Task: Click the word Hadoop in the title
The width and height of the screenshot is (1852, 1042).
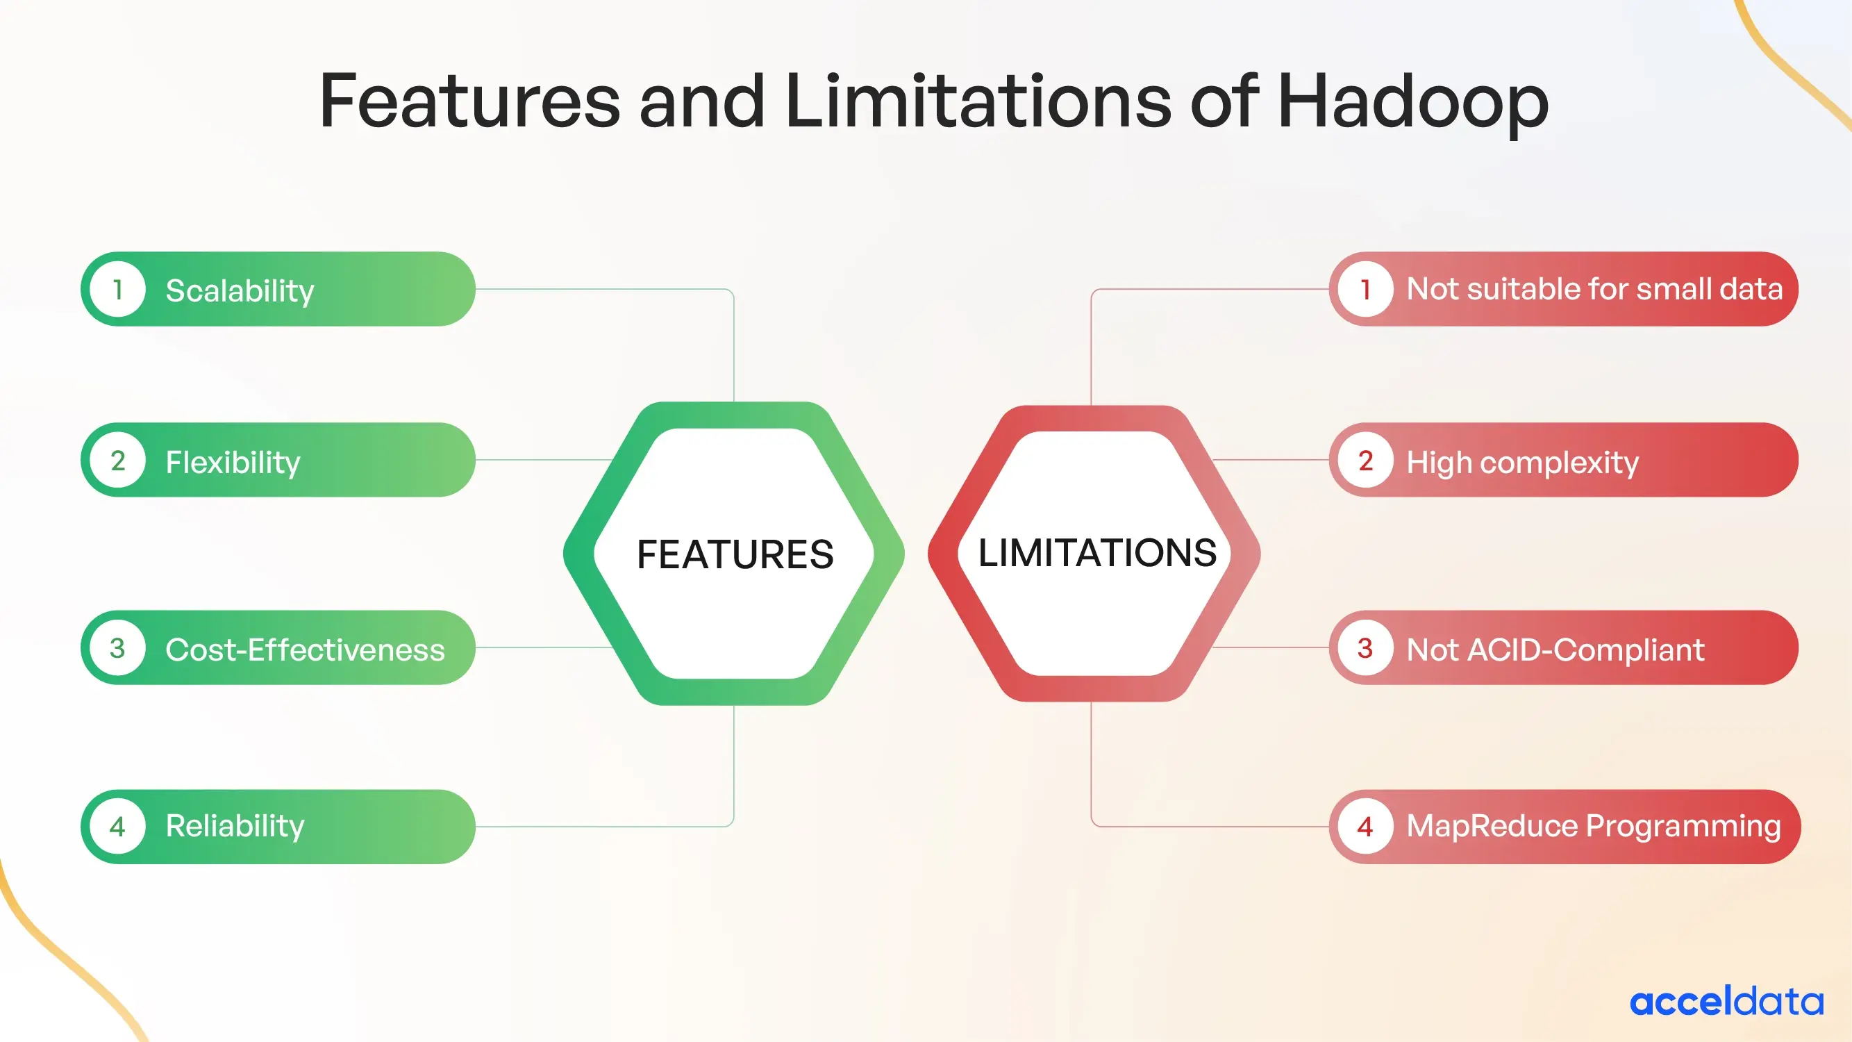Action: click(x=1412, y=102)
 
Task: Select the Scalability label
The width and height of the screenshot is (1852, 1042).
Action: click(x=240, y=290)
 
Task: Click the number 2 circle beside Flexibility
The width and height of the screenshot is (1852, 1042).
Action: click(x=118, y=461)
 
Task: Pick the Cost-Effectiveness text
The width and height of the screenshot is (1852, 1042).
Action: click(x=305, y=650)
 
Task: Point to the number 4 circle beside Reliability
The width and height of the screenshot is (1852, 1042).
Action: click(x=118, y=826)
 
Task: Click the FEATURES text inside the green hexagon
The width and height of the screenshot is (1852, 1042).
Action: click(x=735, y=554)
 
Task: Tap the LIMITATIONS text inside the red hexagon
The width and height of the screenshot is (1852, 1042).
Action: click(x=1097, y=553)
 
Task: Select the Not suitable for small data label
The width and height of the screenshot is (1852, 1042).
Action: click(x=1594, y=289)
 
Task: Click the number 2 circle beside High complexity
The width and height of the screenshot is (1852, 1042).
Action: click(x=1365, y=461)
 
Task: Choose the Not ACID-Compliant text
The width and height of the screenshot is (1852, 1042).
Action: click(x=1554, y=650)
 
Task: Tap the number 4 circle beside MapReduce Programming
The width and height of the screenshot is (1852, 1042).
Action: click(x=1365, y=826)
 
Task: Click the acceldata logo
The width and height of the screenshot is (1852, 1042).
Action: click(x=1726, y=1002)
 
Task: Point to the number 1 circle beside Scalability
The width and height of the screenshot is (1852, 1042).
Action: click(x=118, y=289)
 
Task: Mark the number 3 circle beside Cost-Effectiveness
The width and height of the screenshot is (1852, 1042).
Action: click(x=118, y=648)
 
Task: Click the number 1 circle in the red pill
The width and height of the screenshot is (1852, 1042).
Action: click(x=1365, y=289)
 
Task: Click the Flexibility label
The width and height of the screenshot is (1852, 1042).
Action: click(x=232, y=462)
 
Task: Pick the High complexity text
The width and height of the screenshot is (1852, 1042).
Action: click(x=1522, y=463)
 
